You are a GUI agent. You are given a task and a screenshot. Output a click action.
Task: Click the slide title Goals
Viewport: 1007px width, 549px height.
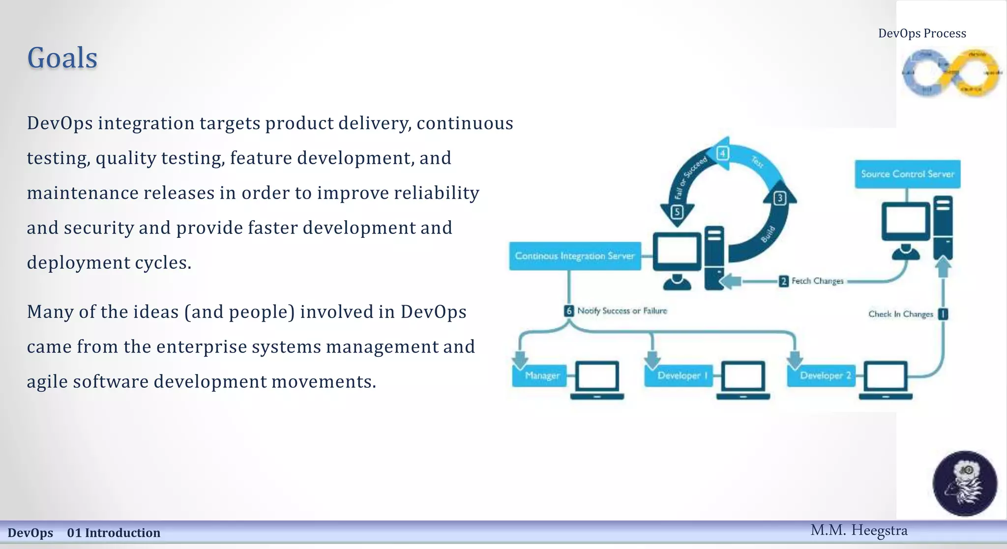(x=62, y=58)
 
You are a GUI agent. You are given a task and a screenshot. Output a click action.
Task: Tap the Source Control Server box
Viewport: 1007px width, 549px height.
(x=907, y=174)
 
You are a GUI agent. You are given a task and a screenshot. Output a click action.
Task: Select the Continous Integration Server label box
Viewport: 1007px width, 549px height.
(x=575, y=256)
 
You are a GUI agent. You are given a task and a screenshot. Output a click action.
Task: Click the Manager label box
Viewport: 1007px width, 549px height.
(x=541, y=376)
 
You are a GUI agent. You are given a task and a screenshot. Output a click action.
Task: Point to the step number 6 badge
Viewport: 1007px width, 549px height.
(x=569, y=311)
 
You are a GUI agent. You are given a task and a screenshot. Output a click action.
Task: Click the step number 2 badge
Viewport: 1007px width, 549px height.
(x=784, y=281)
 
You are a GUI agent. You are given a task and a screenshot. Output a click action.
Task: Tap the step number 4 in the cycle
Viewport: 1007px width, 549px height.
(x=722, y=153)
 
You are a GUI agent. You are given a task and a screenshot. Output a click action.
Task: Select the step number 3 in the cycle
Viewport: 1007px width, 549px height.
(x=780, y=199)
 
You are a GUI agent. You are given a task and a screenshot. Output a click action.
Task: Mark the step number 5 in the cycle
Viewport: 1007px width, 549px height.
(x=677, y=212)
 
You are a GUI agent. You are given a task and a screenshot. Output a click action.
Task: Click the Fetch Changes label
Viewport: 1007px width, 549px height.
(x=817, y=281)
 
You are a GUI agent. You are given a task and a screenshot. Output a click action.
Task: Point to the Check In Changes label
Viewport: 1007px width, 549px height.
(x=900, y=314)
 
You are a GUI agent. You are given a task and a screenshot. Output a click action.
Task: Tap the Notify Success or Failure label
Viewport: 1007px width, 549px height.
(x=622, y=311)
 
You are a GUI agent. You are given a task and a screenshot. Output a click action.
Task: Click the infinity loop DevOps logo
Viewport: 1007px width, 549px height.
(x=951, y=73)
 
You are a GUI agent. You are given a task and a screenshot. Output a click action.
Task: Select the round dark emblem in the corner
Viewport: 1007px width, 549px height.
(x=965, y=483)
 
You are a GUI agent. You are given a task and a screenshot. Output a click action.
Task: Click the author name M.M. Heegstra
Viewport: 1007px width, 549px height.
(x=859, y=531)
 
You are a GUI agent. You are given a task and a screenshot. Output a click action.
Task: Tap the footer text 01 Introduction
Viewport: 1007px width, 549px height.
(x=114, y=533)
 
